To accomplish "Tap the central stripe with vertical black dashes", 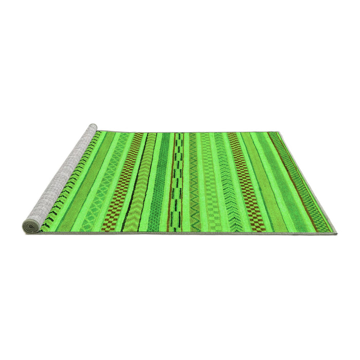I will tap(176, 180).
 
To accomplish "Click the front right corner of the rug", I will tap(336, 233).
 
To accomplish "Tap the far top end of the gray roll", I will tap(93, 127).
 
